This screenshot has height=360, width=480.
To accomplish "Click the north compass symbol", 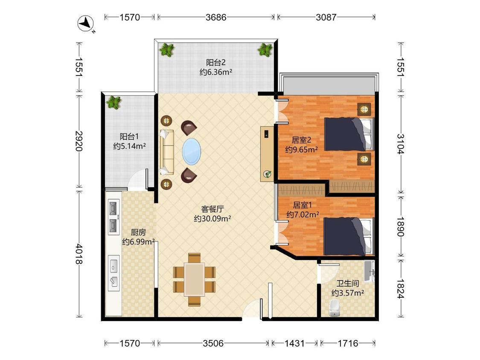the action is click(85, 23).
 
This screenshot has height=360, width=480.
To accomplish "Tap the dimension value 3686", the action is click(216, 17).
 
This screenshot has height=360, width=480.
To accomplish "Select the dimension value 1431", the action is click(294, 343).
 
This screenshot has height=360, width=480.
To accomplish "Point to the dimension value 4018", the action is click(79, 254).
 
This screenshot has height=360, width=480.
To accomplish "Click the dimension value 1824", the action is click(400, 289).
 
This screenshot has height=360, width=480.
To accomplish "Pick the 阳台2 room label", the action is click(216, 62).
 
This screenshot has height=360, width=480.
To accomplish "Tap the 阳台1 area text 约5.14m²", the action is click(129, 146).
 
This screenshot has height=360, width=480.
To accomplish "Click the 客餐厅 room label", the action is click(212, 209).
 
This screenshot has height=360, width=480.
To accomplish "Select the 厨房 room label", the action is click(138, 232).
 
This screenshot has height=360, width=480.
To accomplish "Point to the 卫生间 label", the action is click(348, 284).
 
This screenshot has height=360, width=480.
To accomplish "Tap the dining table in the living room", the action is click(195, 279).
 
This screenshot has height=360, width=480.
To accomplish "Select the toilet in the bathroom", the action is click(334, 308).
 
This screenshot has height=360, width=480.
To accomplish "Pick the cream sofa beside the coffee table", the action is click(166, 152).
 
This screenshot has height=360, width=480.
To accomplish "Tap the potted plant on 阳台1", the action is click(113, 102).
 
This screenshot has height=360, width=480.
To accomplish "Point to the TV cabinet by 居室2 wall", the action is click(267, 154).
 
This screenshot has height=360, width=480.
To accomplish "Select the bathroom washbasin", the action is click(369, 271).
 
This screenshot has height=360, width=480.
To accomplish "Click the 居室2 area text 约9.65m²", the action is click(301, 150).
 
